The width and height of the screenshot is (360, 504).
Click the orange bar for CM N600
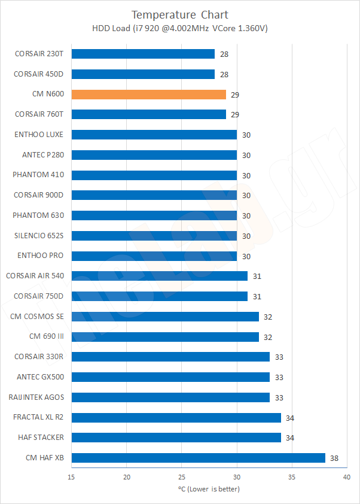[148, 95]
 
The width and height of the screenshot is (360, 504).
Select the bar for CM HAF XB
[198, 458]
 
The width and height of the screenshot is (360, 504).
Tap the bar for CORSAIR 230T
[143, 54]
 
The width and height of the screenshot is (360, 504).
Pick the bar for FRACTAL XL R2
[176, 417]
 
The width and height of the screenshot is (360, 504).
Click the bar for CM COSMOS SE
[165, 316]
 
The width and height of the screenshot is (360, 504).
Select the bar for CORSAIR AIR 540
[160, 276]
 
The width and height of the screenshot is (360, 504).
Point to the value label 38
[334, 458]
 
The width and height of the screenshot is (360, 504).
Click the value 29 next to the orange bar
[235, 95]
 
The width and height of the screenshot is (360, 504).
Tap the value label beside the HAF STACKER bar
[290, 438]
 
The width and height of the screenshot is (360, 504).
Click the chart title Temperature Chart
[179, 14]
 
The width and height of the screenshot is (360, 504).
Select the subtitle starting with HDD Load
[179, 28]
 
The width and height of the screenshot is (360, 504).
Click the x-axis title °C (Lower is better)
[209, 488]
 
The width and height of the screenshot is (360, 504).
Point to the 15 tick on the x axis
[72, 477]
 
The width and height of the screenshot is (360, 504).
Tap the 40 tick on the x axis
[346, 477]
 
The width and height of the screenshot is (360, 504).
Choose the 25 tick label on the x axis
[182, 477]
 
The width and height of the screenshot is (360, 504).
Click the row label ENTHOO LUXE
[39, 135]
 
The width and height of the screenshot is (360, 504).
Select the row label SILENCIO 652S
[38, 236]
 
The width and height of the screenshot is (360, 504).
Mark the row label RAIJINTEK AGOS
[36, 397]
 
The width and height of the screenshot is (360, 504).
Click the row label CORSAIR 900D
[39, 195]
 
